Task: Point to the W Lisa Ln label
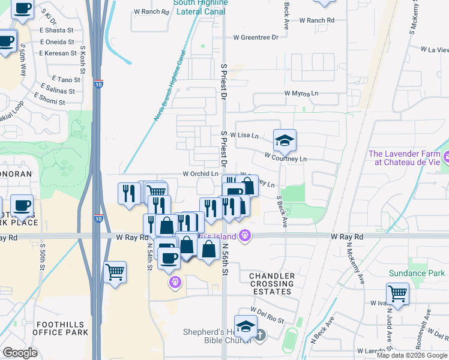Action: [x=247, y=136]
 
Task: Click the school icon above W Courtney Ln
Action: [x=285, y=141]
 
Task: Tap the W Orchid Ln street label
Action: [x=200, y=174]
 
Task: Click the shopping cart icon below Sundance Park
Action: [x=397, y=294]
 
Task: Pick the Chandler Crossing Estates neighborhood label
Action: [x=272, y=284]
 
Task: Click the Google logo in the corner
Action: [x=20, y=353]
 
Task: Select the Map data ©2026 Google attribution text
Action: [x=412, y=355]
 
